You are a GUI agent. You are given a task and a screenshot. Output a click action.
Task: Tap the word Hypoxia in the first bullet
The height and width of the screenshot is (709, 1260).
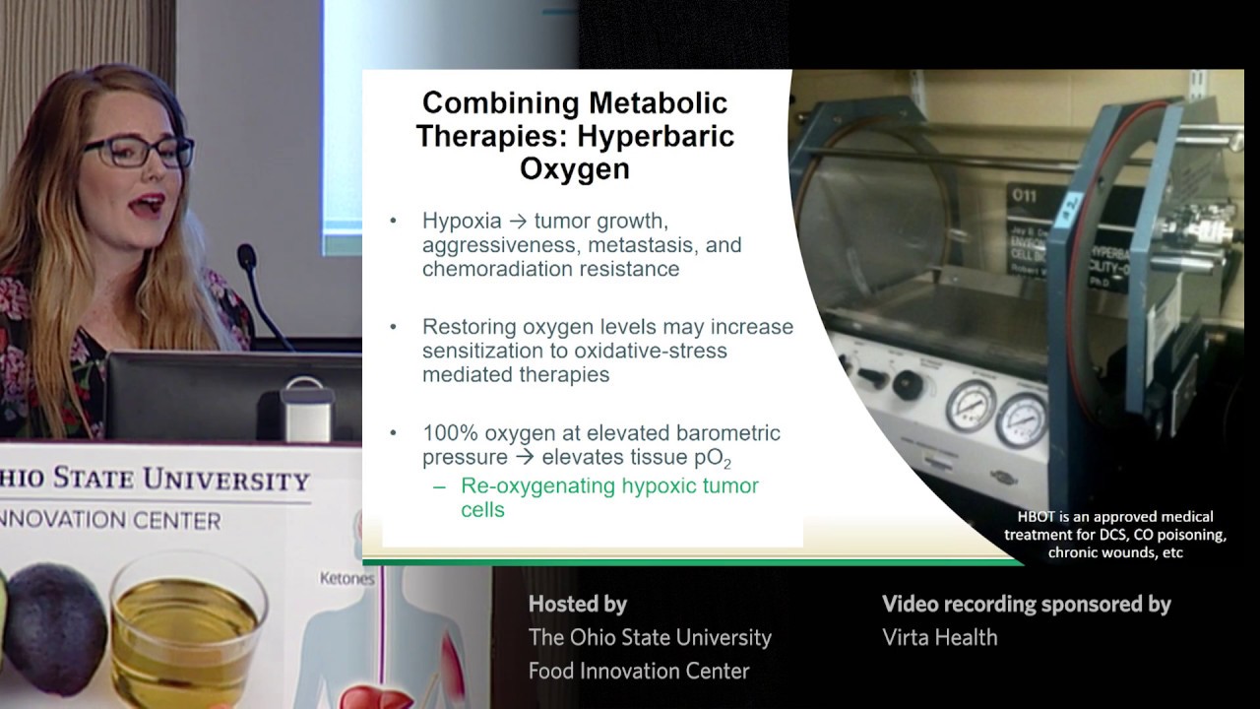[462, 221]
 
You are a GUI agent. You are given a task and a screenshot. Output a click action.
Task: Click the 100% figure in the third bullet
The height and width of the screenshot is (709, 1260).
[449, 432]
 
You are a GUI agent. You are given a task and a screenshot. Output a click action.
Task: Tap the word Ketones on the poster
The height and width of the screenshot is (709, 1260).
[346, 579]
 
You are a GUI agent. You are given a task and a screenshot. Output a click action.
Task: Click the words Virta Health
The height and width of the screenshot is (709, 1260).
[939, 637]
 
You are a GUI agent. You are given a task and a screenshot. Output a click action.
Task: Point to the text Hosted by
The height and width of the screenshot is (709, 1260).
[577, 604]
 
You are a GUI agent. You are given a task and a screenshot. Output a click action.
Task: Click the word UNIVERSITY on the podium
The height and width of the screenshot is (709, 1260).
[226, 482]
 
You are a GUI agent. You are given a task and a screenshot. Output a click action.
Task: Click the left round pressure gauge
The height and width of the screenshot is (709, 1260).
[970, 405]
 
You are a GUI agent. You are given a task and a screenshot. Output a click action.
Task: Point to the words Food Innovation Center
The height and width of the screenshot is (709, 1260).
[639, 671]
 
